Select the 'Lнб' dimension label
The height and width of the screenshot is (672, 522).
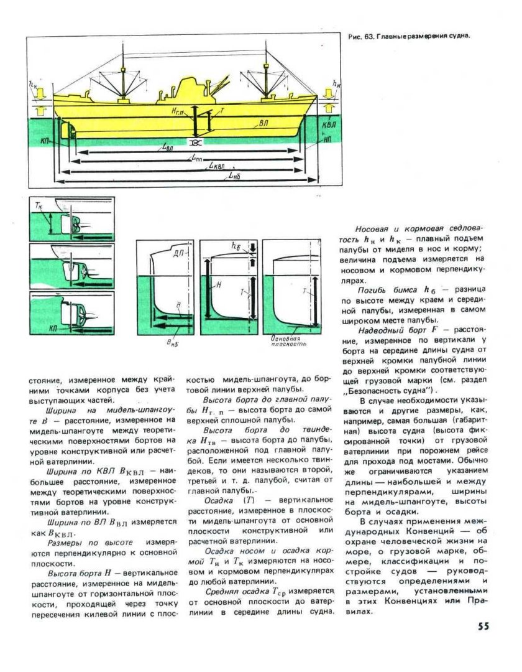pyautogui.click(x=234, y=177)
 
